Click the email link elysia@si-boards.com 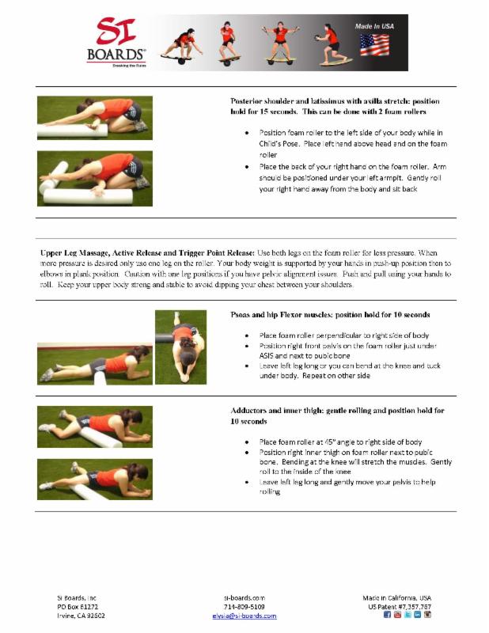tap(244, 616)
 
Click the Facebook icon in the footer tap(387, 615)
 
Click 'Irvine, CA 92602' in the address tap(81, 616)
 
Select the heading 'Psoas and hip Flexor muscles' tap(330, 315)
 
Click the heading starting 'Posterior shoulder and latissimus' tap(335, 101)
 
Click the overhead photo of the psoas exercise tap(180, 347)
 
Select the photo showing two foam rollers tap(94, 179)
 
